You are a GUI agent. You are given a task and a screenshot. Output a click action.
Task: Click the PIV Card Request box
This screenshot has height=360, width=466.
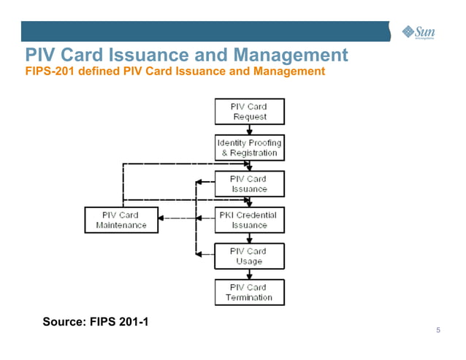click(249, 112)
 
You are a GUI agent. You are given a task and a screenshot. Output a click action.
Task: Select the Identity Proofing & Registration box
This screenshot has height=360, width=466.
click(249, 148)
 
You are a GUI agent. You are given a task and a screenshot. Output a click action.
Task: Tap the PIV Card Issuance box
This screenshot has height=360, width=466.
click(249, 184)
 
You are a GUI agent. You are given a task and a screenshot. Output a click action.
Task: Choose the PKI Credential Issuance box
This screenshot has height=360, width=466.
click(249, 220)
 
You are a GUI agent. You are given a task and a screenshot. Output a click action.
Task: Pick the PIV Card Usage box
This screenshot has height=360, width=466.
click(249, 256)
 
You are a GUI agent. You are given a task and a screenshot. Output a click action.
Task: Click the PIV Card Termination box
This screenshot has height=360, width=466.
click(249, 292)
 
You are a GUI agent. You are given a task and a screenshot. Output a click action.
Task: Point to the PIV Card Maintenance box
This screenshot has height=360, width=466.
click(121, 220)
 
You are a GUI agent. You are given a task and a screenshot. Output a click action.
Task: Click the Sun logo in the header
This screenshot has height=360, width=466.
click(419, 31)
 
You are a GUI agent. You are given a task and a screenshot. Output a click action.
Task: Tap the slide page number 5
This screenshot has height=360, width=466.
click(438, 331)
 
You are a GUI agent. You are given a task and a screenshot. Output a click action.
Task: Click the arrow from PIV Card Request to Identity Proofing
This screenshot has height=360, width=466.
click(250, 129)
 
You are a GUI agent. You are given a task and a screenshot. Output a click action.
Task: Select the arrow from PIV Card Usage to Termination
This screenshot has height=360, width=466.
click(250, 275)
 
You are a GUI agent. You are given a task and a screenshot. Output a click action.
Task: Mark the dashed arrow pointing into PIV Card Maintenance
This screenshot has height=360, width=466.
click(164, 218)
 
